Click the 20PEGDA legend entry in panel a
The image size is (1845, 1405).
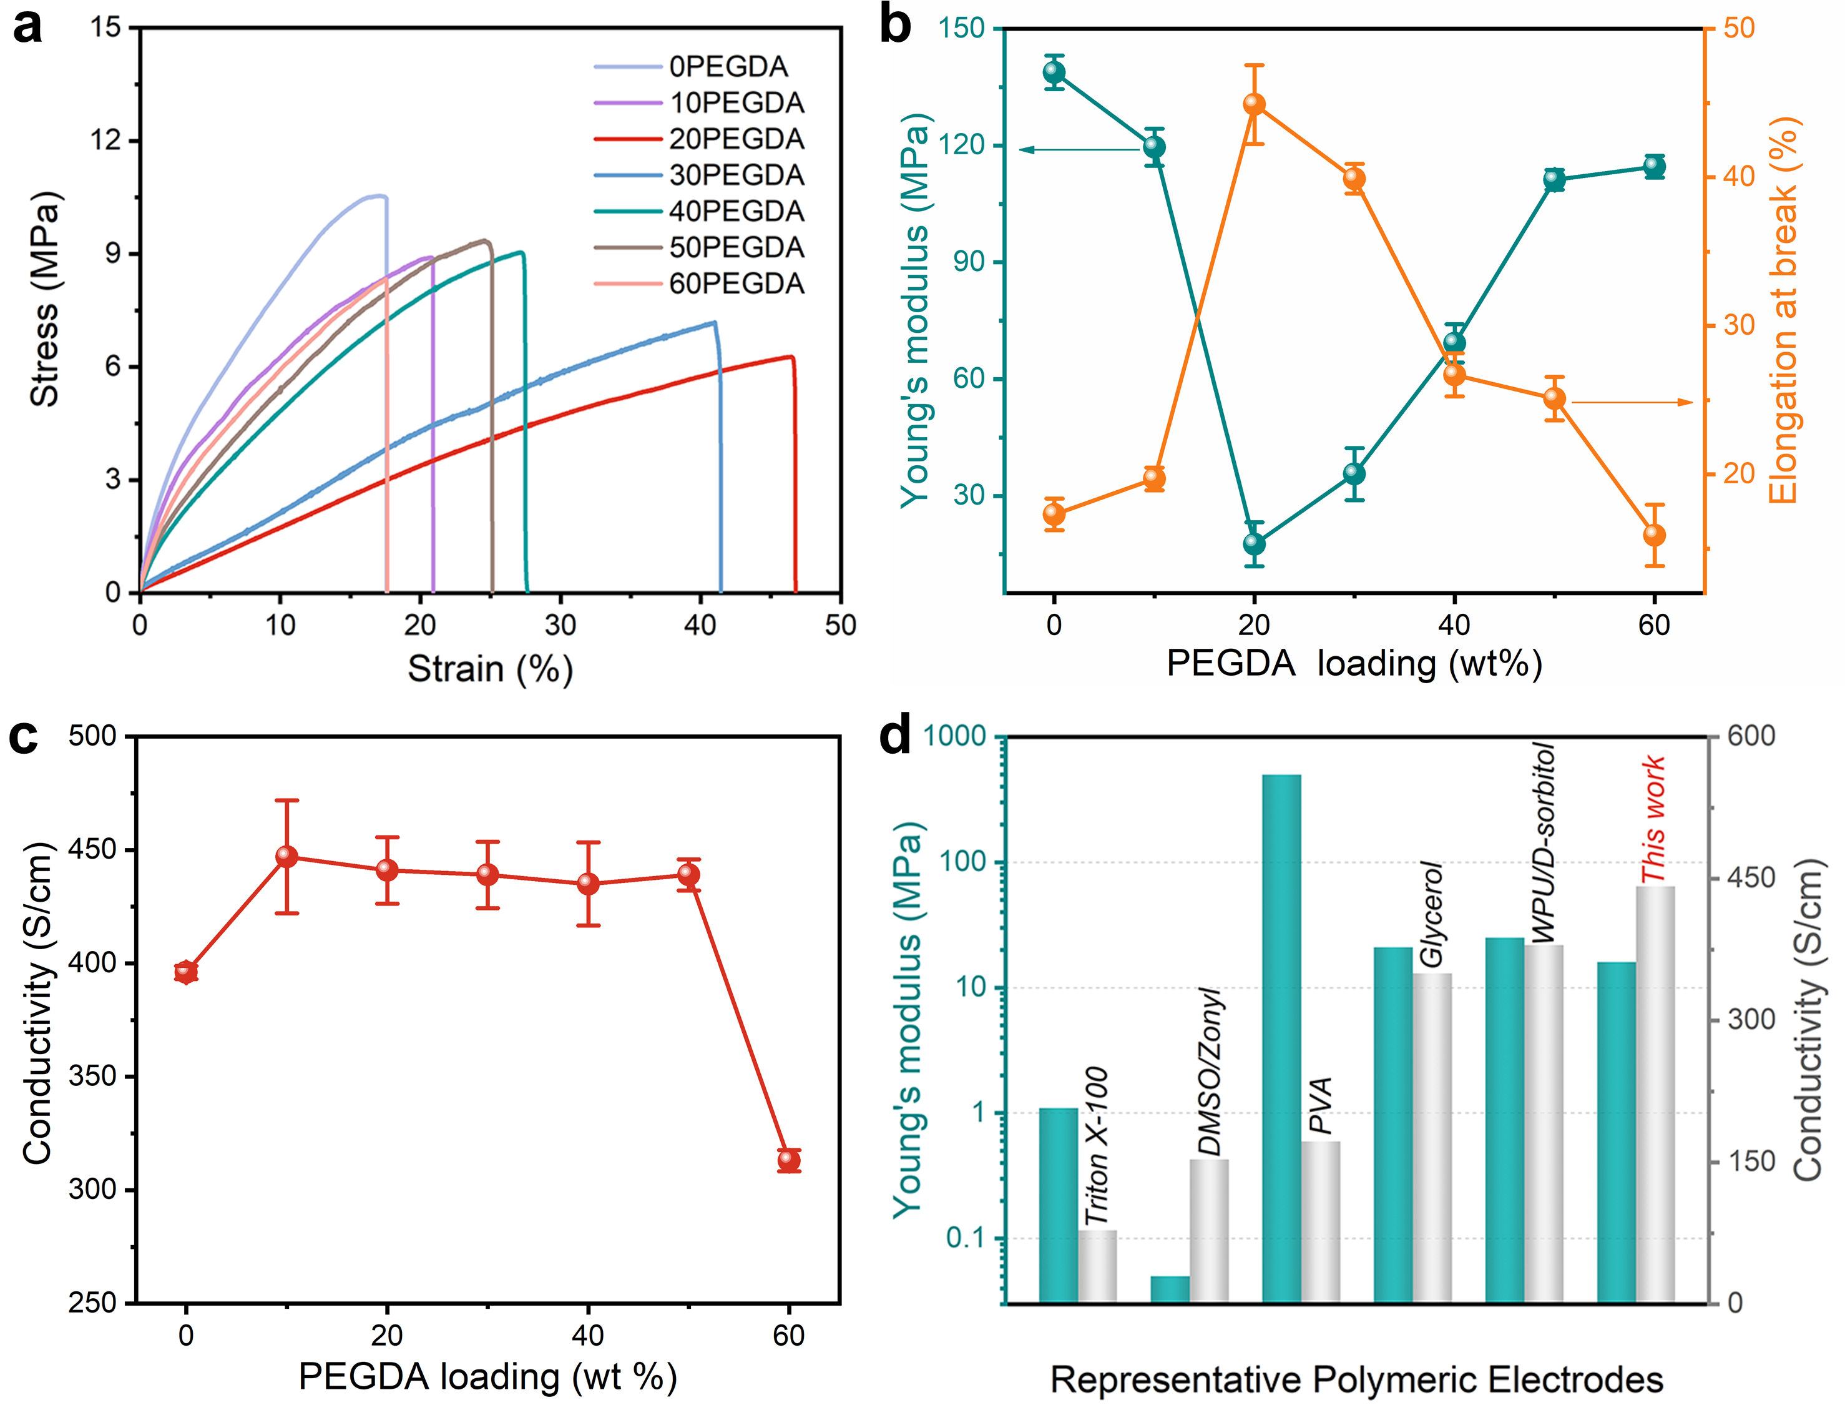coord(736,139)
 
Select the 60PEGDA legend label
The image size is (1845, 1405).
coord(736,284)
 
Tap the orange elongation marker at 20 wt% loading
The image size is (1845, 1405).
coord(1254,104)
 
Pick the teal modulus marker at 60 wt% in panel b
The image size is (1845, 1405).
coord(1653,167)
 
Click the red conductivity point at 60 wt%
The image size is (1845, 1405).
coord(788,1160)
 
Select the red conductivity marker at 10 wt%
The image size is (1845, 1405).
coord(286,855)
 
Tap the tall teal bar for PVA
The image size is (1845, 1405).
coord(1281,1037)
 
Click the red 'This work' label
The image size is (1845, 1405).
coord(1653,819)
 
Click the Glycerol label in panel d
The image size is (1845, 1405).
coord(1431,914)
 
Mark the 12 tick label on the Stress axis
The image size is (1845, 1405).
coord(106,140)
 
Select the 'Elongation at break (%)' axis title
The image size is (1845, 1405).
coord(1783,310)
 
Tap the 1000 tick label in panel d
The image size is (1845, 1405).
coord(954,736)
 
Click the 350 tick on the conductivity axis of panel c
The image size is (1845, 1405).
coord(93,1077)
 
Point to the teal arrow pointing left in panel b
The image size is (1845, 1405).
coord(1079,150)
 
